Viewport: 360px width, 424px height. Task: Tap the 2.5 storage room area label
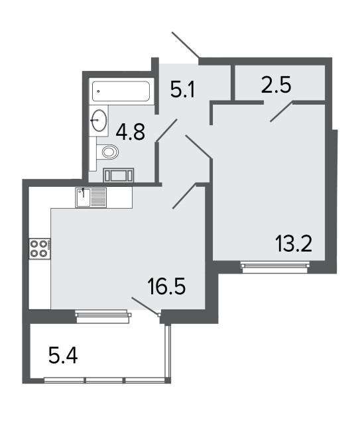(x=276, y=84)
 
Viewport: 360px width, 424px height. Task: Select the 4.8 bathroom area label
(x=130, y=132)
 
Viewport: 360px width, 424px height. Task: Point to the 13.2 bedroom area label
(x=294, y=243)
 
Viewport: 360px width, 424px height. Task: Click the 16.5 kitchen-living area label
(x=166, y=286)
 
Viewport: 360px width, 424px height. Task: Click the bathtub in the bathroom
(x=121, y=91)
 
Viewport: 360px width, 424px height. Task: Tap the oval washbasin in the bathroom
(x=99, y=121)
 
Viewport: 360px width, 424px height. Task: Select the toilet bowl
(x=107, y=152)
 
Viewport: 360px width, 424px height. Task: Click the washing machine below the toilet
(x=119, y=176)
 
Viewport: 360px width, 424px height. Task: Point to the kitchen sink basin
(x=83, y=197)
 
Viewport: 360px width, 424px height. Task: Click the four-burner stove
(x=40, y=249)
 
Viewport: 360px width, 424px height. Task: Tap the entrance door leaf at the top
(x=186, y=45)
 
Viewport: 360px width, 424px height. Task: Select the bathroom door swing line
(x=166, y=131)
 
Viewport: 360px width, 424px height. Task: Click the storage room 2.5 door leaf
(x=282, y=112)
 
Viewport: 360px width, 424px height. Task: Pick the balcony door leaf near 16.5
(x=145, y=306)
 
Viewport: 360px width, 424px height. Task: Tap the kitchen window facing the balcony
(x=103, y=316)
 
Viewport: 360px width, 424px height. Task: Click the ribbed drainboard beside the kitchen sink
(x=98, y=197)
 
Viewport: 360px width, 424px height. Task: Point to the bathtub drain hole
(x=98, y=91)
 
